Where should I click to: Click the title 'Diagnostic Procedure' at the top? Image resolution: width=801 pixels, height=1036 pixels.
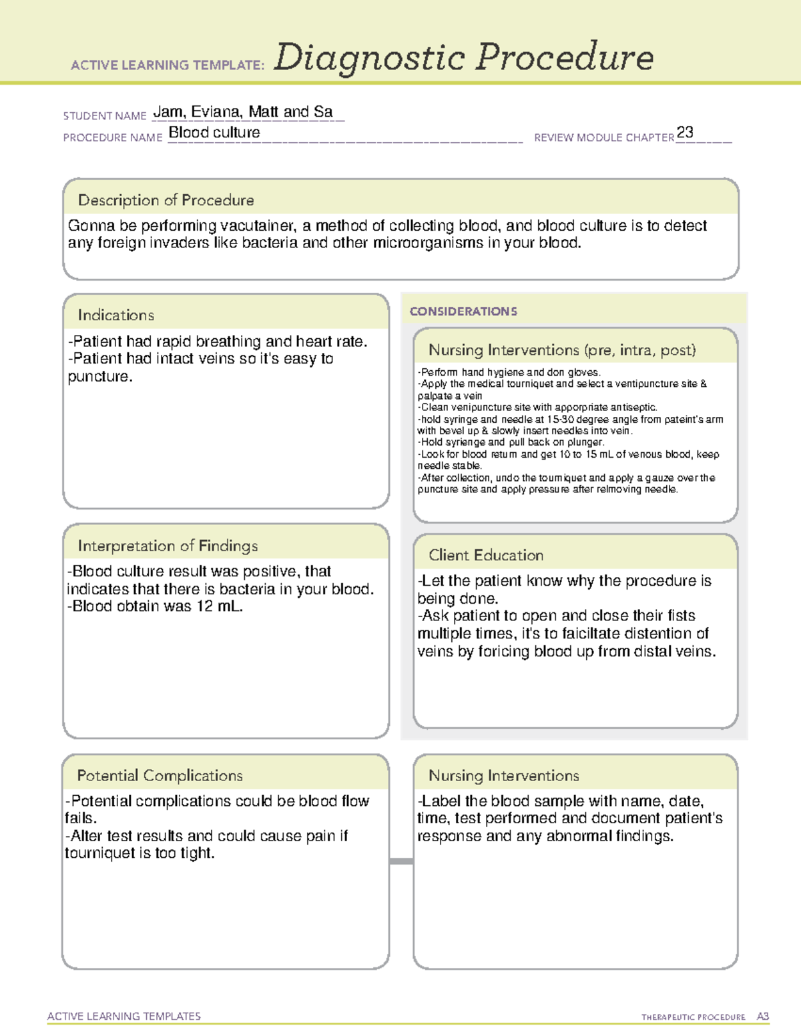point(463,57)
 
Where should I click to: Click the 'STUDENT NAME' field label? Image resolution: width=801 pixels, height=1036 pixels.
point(105,116)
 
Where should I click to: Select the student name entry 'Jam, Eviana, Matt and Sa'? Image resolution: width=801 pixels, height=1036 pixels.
point(243,112)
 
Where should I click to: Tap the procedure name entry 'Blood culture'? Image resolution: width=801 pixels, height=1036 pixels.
point(214,133)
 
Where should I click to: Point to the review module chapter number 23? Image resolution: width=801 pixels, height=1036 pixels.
point(685,132)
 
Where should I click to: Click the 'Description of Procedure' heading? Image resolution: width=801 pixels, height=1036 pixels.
point(166,200)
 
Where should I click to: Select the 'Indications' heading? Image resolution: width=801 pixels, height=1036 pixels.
point(115,315)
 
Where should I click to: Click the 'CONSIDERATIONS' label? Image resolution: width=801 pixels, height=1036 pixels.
point(463,312)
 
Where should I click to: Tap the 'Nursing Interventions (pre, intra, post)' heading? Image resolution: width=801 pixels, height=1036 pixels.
point(562,350)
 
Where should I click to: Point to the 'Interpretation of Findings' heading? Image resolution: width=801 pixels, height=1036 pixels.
point(168,546)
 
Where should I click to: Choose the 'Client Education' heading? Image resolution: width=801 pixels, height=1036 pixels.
point(486,555)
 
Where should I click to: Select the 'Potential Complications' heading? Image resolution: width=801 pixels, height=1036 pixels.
point(160,775)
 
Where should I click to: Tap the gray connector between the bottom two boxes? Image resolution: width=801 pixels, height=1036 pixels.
point(401,861)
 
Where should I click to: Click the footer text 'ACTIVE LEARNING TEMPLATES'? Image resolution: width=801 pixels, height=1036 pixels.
point(124,1016)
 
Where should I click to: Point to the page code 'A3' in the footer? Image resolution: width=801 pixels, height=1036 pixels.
point(762,1017)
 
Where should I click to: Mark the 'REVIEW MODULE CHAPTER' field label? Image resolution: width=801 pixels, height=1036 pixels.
point(604,137)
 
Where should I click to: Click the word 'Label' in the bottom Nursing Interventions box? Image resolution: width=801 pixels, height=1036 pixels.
point(441,801)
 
